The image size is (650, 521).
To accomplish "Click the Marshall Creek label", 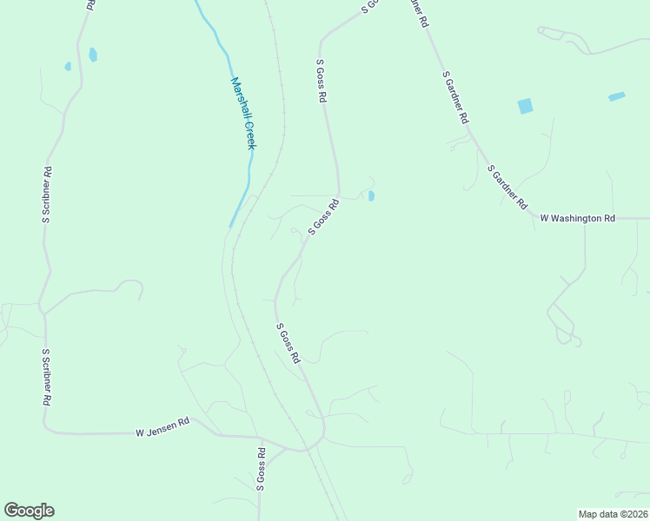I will (x=243, y=113).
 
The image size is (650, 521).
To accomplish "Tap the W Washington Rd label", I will (x=577, y=218).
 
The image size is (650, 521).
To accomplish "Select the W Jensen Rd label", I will (x=162, y=426).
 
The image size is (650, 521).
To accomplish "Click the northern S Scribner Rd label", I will (x=48, y=195).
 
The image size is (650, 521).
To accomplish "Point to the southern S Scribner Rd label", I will (x=47, y=379).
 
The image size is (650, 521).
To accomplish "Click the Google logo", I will (x=29, y=511).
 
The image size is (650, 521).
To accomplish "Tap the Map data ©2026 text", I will (x=613, y=514).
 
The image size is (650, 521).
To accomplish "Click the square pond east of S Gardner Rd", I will (x=525, y=106).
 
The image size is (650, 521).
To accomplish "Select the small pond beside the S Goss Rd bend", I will (x=371, y=196).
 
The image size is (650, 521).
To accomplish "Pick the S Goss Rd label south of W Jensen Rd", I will (x=260, y=470).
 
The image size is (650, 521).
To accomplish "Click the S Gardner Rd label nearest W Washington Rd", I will (x=507, y=187).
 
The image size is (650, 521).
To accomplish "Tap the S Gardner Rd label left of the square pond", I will (x=456, y=97).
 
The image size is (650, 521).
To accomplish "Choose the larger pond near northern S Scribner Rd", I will (x=93, y=55).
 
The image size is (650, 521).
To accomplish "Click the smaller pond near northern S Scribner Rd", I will (x=68, y=65).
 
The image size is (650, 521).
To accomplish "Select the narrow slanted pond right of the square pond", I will (x=616, y=96).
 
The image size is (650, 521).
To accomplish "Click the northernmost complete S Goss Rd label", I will (x=321, y=82).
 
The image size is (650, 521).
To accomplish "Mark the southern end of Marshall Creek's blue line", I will (x=231, y=226).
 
